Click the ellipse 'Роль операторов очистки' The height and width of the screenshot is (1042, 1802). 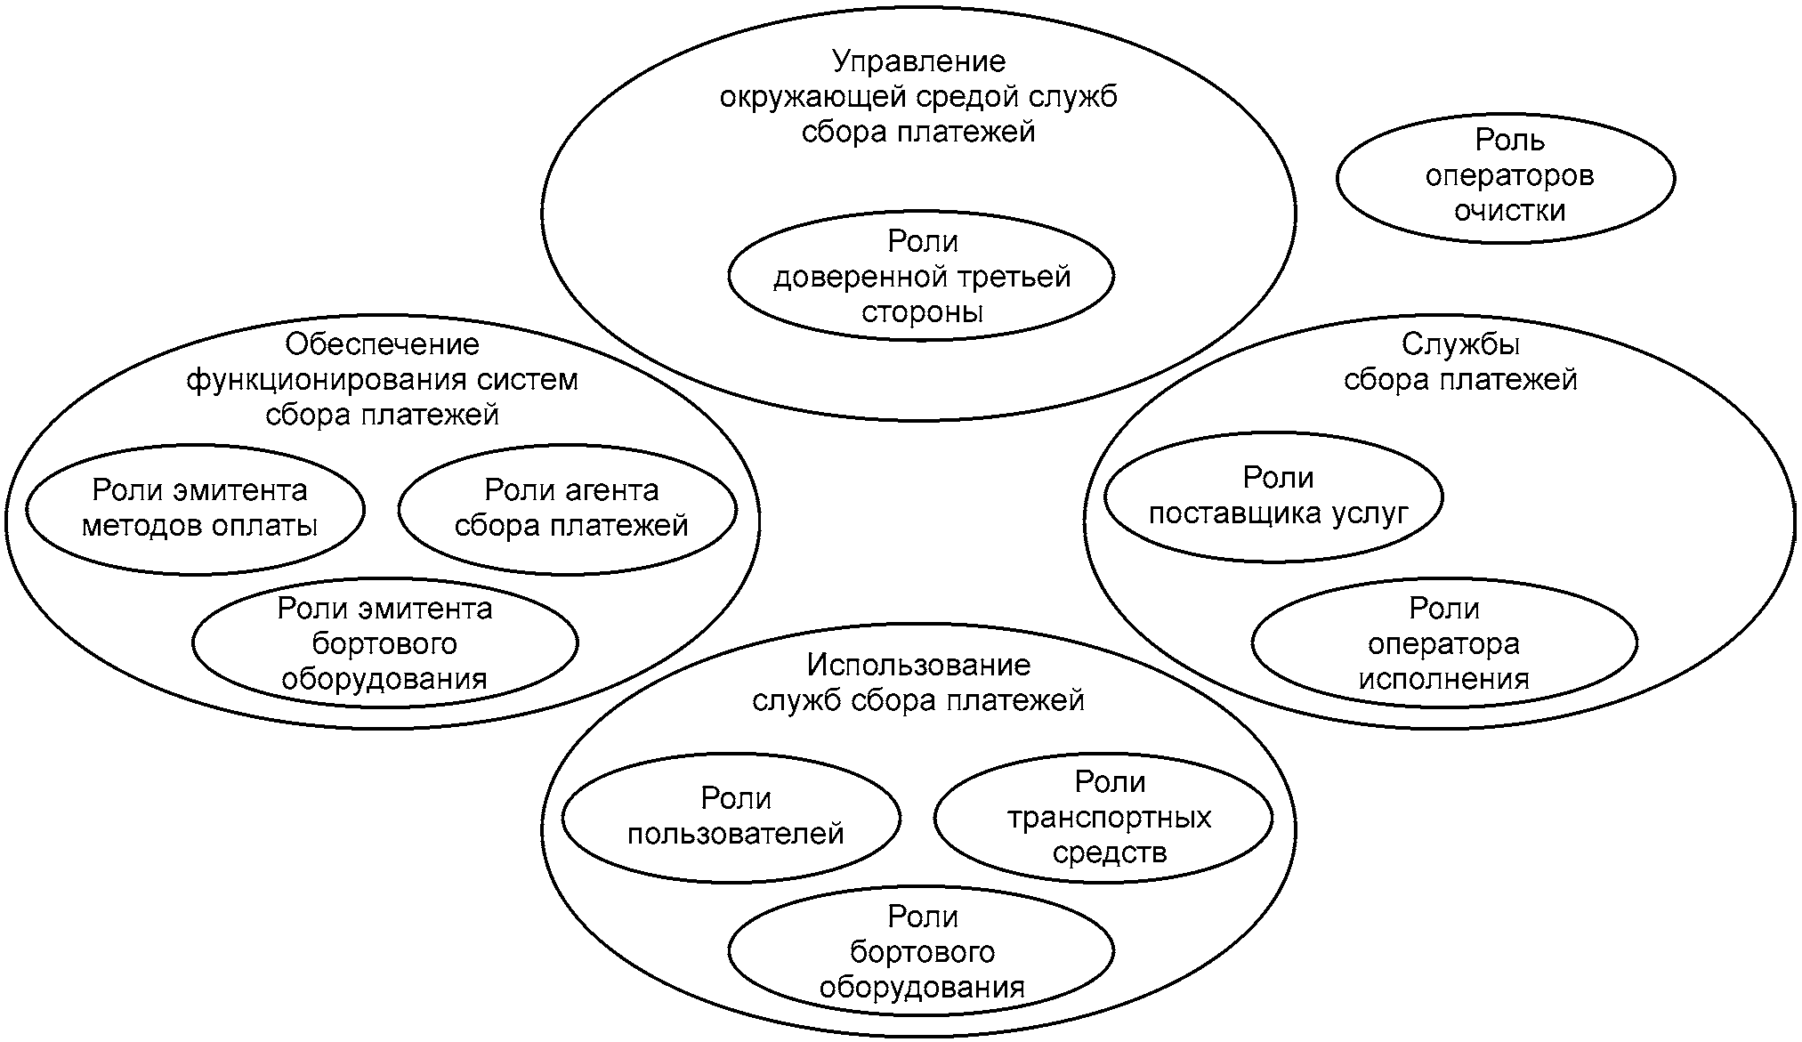coord(1506,177)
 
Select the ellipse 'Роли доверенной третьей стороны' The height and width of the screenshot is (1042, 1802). coord(921,277)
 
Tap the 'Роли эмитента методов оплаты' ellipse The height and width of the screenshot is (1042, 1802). coord(196,509)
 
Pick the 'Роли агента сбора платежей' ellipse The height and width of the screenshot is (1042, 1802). coord(568,509)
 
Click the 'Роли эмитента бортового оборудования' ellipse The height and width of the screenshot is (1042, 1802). coord(384,643)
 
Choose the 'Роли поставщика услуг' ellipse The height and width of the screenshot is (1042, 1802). coord(1273,497)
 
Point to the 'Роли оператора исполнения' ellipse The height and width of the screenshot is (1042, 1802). coord(1443,643)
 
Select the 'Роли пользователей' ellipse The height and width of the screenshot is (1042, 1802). coord(731,817)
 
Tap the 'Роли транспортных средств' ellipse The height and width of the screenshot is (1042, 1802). coord(1103,817)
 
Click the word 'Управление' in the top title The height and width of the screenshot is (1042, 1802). coord(919,61)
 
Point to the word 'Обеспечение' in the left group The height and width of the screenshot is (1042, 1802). coord(382,344)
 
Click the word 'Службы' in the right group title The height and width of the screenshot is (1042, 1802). coord(1460,344)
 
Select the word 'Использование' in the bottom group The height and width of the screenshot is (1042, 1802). coord(918,666)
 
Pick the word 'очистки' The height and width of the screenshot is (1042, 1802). coord(1509,211)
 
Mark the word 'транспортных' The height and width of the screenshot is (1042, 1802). coord(1109,817)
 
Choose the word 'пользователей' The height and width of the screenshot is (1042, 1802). coord(736,835)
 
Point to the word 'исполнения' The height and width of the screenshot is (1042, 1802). coord(1443,679)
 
